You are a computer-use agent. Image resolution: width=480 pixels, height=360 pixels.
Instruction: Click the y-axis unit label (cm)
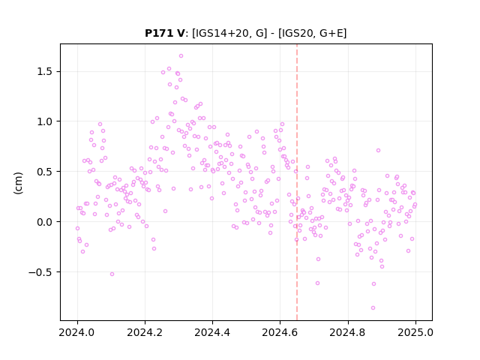(x=18, y=183)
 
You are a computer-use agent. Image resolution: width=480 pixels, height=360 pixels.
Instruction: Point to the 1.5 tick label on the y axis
(x=45, y=72)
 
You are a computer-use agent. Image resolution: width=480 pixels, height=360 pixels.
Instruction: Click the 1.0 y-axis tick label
(x=45, y=121)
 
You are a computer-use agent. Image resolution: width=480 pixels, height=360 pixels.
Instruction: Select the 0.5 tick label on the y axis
(x=45, y=172)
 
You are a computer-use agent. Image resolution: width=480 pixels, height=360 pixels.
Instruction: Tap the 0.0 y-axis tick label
(x=45, y=222)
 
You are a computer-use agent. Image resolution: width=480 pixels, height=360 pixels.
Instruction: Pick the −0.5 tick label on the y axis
(x=40, y=272)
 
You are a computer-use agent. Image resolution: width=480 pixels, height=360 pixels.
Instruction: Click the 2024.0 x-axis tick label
(x=77, y=332)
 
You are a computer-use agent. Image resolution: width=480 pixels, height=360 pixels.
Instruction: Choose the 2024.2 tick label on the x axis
(x=145, y=332)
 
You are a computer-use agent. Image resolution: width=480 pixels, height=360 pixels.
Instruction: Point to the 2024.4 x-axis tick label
(x=212, y=332)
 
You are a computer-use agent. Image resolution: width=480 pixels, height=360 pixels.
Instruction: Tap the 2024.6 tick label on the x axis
(x=280, y=332)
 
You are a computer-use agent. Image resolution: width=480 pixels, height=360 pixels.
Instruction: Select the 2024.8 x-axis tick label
(x=348, y=332)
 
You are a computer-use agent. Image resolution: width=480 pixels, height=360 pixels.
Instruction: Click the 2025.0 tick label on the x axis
(x=415, y=332)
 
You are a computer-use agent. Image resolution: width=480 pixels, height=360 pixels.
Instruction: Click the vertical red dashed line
(x=297, y=182)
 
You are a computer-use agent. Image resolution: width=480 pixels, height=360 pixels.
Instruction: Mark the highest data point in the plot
(x=181, y=56)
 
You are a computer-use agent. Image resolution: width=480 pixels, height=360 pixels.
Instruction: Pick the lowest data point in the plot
(x=373, y=308)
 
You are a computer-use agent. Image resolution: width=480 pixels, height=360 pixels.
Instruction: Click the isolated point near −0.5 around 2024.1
(x=112, y=274)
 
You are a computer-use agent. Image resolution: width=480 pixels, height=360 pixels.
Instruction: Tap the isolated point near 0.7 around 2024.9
(x=378, y=150)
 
